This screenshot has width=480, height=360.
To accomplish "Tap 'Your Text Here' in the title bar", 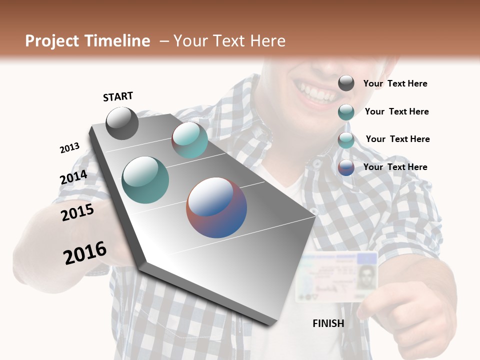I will (229, 41).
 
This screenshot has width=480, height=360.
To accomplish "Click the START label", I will (118, 96).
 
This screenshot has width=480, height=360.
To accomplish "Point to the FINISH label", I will (328, 323).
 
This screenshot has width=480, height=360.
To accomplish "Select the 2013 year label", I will (69, 148).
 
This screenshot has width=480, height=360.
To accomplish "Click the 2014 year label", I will (73, 177).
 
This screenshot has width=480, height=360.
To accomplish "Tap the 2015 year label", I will (77, 212).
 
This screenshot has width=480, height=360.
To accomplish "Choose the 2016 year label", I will (85, 253).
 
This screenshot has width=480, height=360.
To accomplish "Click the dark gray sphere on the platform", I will (122, 123).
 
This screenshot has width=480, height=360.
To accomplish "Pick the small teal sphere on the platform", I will (189, 140).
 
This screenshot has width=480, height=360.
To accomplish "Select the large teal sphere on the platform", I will (145, 180).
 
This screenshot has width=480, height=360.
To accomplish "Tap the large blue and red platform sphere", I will (216, 207).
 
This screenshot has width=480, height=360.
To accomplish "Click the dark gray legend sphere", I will (346, 83).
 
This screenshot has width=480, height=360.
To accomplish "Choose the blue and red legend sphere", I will (346, 167).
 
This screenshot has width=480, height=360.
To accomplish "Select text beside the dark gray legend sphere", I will (395, 83).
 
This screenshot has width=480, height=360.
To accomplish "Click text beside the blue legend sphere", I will (395, 167).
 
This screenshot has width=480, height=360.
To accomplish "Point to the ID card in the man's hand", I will (335, 276).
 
